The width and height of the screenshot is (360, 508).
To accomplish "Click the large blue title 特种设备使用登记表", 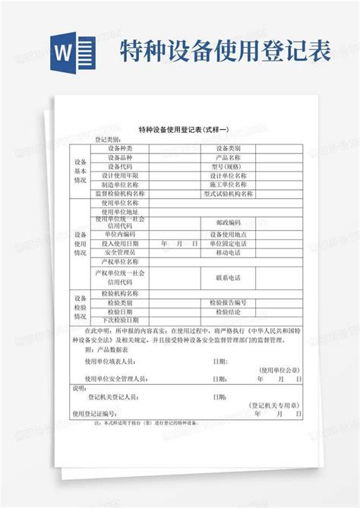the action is point(224,51).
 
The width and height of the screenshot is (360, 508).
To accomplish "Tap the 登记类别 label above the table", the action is point(107,140).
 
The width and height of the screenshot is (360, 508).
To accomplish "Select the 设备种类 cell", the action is point(120,148).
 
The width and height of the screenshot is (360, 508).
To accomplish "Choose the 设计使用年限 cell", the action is point(120,175).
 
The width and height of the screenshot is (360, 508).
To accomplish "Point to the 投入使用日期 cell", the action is point(120,243).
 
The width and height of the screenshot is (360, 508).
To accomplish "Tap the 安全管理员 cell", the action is point(120,252).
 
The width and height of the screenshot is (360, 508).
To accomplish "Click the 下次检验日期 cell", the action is point(120,320).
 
